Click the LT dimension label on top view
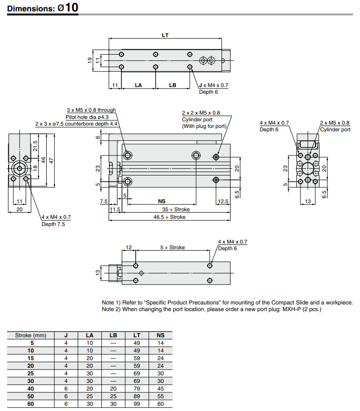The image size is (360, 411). tap(165, 35)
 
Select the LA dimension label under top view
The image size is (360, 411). tap(139, 85)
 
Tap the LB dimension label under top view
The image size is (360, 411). tap(172, 85)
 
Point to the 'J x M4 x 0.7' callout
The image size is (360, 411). tap(213, 85)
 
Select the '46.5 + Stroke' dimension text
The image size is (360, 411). tap(169, 217)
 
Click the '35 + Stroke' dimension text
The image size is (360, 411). tap(176, 209)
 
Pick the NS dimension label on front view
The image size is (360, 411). tap(161, 202)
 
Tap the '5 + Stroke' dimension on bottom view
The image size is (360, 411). tap(172, 247)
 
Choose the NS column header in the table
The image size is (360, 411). tap(160, 335)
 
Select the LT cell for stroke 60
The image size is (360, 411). tap(137, 404)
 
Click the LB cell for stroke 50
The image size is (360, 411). tap(113, 396)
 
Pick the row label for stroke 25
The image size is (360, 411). tap(31, 373)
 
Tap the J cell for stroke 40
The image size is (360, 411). tap(66, 389)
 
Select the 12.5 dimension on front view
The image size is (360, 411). tap(223, 202)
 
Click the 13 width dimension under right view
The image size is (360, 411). tap(308, 202)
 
